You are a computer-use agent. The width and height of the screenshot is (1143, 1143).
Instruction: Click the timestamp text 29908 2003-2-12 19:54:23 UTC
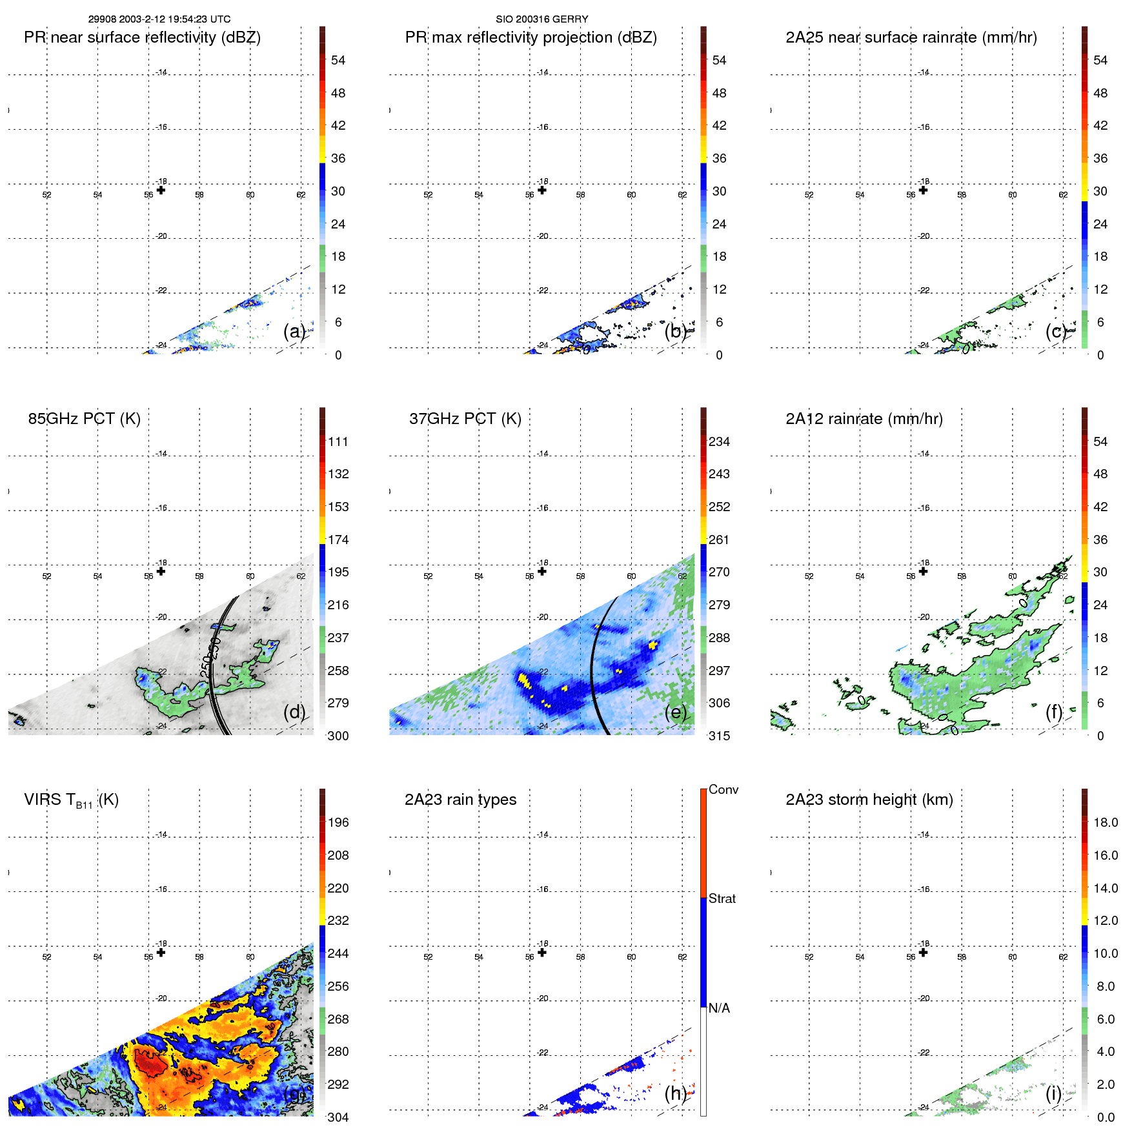159,19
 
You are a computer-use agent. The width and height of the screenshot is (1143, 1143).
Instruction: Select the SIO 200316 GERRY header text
541,19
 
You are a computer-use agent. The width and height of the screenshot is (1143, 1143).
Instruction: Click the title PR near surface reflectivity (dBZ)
142,37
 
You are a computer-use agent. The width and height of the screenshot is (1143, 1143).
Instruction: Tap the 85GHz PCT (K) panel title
84,419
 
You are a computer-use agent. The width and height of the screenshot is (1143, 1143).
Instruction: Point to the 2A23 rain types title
460,800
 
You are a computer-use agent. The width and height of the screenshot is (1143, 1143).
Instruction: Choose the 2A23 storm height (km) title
869,800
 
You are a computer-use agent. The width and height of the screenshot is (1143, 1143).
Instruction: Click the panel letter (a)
294,331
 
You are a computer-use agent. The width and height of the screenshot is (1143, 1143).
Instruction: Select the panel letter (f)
1053,712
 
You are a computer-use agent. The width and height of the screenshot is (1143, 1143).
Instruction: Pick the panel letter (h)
675,1093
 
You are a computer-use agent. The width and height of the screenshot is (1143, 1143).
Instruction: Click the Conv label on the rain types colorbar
723,789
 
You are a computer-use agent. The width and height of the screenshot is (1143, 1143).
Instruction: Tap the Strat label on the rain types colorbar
722,898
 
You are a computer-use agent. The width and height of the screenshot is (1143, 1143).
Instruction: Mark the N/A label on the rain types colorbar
719,1008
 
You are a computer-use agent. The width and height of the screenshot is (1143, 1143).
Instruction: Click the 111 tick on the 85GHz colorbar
338,442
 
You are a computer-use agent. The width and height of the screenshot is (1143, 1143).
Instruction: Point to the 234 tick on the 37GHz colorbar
719,442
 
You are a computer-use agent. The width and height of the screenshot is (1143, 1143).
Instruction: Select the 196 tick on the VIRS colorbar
338,823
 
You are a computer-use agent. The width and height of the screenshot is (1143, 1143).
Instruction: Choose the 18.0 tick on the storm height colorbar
1105,823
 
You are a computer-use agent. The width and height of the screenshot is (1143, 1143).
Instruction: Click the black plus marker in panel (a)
161,190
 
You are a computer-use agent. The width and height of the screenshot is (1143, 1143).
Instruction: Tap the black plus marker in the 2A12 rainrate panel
923,571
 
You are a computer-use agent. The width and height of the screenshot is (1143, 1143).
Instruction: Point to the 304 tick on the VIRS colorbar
338,1117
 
